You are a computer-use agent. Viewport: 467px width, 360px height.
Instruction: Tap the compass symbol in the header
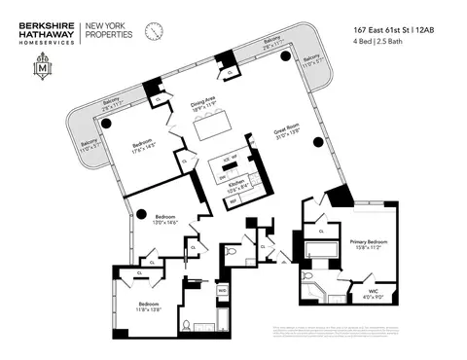pyautogui.click(x=155, y=32)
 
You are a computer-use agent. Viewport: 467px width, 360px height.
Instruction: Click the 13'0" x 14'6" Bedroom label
pyautogui.click(x=155, y=221)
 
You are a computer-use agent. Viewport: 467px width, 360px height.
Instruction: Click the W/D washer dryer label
pyautogui.click(x=222, y=290)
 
